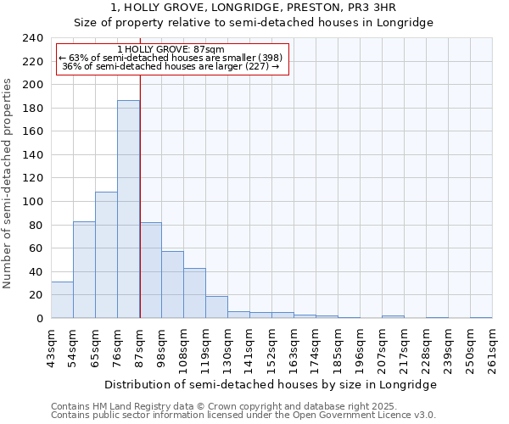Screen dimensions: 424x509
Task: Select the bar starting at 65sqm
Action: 106,255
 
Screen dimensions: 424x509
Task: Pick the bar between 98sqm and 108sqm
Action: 172,285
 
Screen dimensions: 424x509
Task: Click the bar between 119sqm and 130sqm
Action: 216,307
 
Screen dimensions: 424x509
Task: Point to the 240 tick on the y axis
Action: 33,38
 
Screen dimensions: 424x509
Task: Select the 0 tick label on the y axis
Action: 40,319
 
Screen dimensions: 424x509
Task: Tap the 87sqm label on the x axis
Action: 140,349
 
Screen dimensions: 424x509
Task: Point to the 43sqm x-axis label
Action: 52,349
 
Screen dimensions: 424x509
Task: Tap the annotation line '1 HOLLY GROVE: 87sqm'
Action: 171,50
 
